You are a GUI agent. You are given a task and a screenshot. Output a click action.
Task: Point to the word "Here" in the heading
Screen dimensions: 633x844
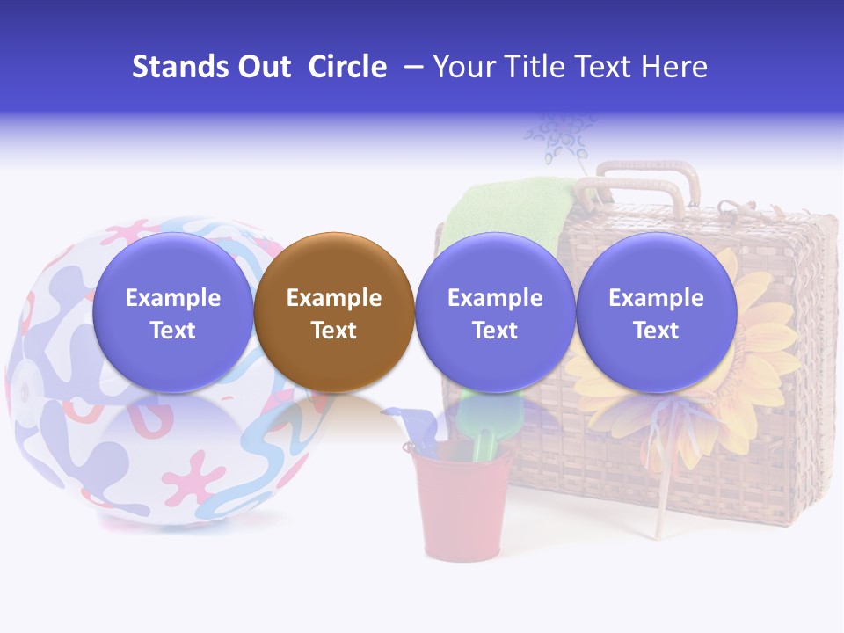coord(674,67)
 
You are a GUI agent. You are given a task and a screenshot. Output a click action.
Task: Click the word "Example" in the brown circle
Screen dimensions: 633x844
coord(334,298)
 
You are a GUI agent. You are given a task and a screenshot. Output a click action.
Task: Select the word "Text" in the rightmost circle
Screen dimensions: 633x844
coord(656,331)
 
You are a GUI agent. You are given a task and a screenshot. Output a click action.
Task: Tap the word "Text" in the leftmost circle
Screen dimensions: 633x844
coord(172,331)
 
